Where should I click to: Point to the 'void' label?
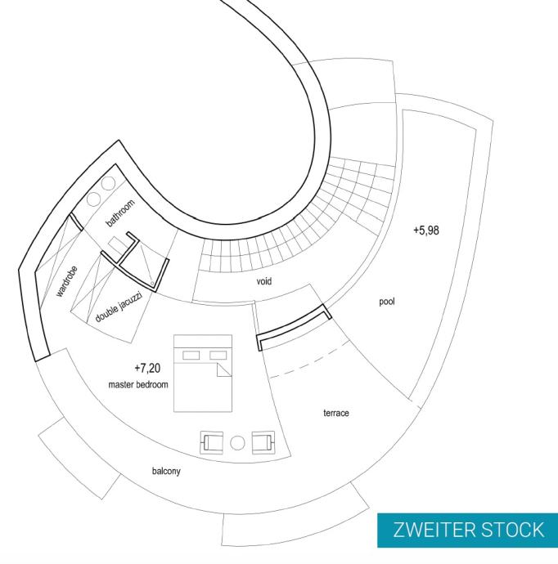263,281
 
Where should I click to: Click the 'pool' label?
387,302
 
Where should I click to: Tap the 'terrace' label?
335,414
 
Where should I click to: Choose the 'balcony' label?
166,472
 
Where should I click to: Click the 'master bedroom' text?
137,384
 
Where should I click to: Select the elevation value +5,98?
426,231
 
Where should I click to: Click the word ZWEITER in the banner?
430,529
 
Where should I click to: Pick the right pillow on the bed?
218,355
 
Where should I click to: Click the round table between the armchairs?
238,443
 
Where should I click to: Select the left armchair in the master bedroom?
212,443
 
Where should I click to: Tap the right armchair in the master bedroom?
264,443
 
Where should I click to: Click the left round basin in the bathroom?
94,199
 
